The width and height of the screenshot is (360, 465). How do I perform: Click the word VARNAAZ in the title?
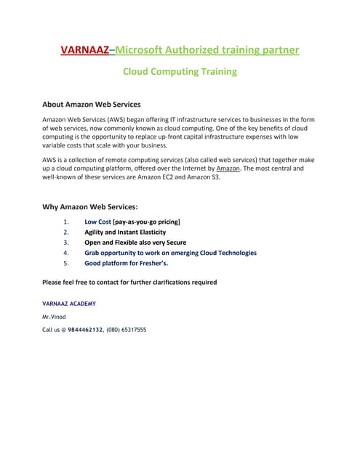[84, 49]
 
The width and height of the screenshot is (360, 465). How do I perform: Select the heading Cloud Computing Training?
[180, 72]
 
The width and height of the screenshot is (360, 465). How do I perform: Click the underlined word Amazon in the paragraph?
[228, 168]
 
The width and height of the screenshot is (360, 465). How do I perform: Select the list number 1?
[66, 221]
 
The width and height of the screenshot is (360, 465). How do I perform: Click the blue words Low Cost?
[97, 221]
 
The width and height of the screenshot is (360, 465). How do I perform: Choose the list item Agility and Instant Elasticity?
[125, 232]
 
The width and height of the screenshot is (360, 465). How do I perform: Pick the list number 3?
[66, 242]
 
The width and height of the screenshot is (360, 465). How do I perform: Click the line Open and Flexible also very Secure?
[135, 242]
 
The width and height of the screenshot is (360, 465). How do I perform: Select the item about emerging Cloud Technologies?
[170, 253]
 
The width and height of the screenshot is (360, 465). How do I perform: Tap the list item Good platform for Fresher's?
[126, 264]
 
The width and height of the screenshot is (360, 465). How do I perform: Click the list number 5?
[66, 264]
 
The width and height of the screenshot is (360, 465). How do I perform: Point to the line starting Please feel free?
[129, 282]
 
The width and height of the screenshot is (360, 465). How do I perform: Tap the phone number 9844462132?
[86, 330]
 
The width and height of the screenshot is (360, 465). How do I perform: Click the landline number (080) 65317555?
[126, 330]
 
